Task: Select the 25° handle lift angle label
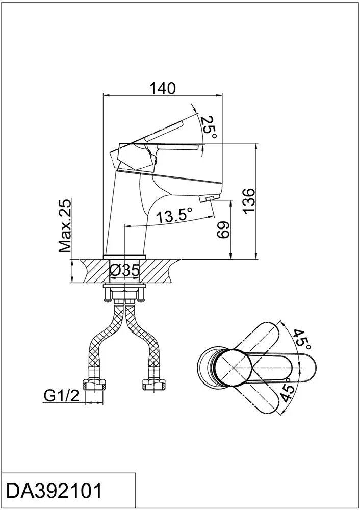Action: coord(209,127)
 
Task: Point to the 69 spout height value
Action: coord(223,230)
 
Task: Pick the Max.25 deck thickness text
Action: coord(65,226)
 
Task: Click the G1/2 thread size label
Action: coord(61,396)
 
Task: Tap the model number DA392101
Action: coord(55,491)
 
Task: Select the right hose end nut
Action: coord(154,384)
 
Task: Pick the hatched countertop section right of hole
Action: coord(160,271)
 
